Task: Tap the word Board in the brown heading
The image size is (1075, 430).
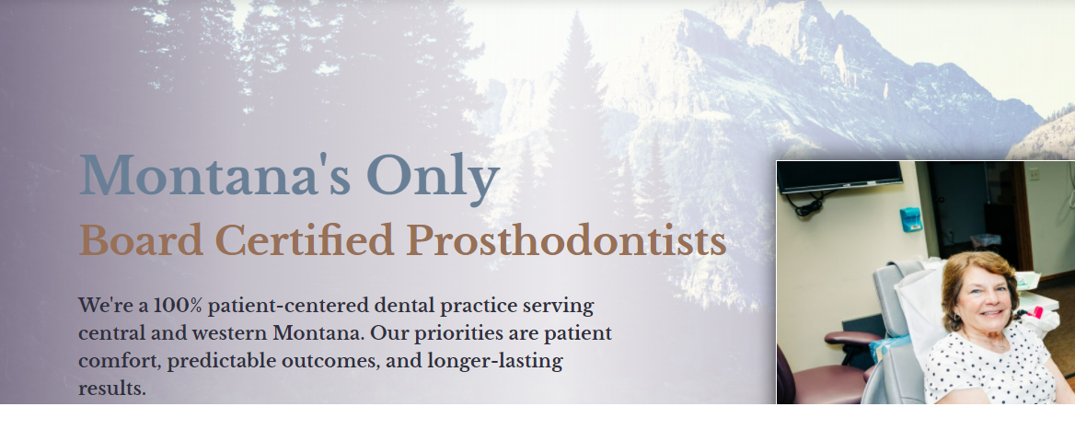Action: point(141,240)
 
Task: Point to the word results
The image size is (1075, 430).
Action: point(111,389)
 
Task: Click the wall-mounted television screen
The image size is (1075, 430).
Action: point(839,176)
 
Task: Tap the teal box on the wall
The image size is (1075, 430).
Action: point(910,219)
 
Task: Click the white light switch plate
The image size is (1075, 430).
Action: point(1034,174)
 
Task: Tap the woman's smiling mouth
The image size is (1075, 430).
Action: point(990,313)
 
